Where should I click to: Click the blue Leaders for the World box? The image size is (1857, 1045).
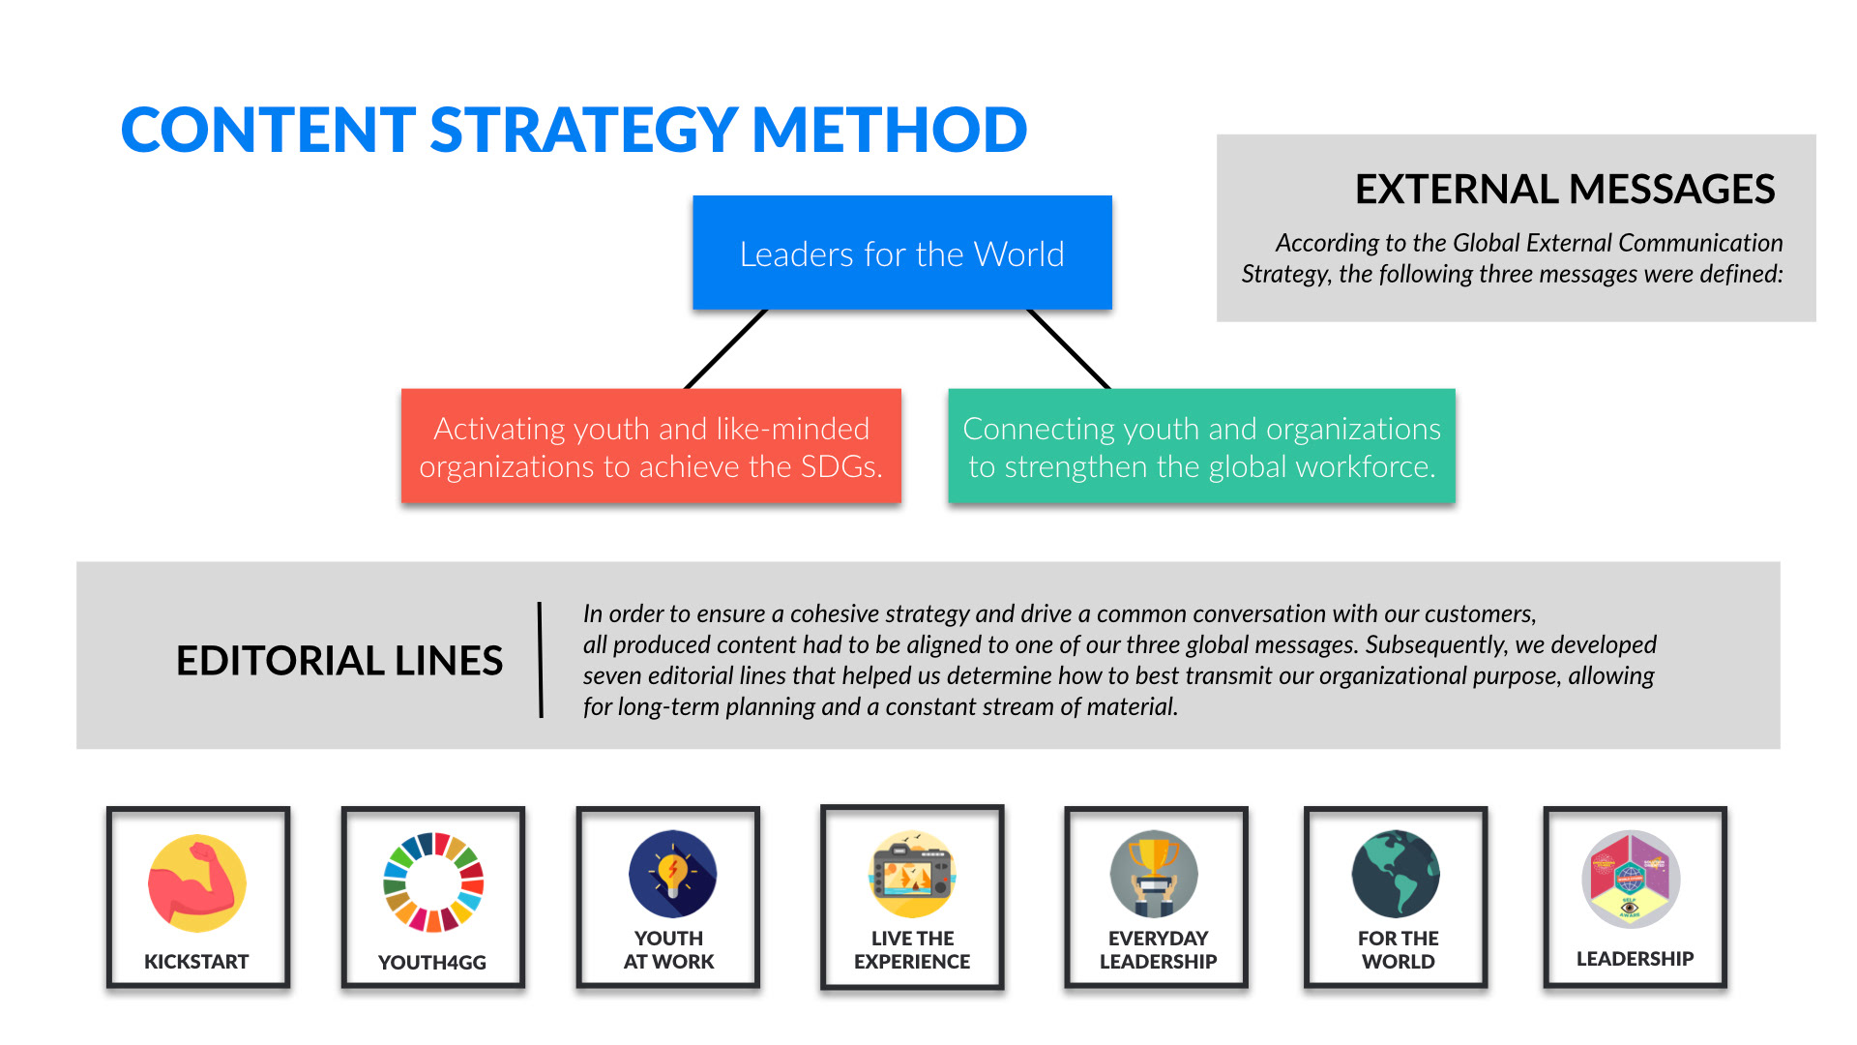(902, 253)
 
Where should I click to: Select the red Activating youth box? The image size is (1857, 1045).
(651, 446)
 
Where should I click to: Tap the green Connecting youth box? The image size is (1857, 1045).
(1201, 446)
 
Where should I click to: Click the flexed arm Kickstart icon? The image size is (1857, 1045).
(197, 883)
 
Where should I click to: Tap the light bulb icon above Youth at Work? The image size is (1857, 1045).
(672, 874)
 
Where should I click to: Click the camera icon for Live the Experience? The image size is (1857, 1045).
(912, 875)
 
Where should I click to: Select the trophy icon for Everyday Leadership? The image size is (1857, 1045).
(1154, 875)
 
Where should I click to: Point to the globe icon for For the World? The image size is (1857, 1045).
(1396, 875)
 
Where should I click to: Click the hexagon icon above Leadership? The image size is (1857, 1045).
(1632, 879)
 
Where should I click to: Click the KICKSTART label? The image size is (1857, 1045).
(196, 962)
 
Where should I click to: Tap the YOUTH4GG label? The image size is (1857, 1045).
(432, 963)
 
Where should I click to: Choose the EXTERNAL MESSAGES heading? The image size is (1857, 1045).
(1565, 189)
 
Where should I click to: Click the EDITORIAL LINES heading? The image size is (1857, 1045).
(339, 661)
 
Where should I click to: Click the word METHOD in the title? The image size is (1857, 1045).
(890, 130)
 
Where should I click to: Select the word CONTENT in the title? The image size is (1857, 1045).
(268, 130)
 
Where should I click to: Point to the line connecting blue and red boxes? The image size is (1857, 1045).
(725, 349)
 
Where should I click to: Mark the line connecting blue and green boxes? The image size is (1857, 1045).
(1069, 349)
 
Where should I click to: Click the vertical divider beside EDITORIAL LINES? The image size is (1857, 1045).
(541, 660)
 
